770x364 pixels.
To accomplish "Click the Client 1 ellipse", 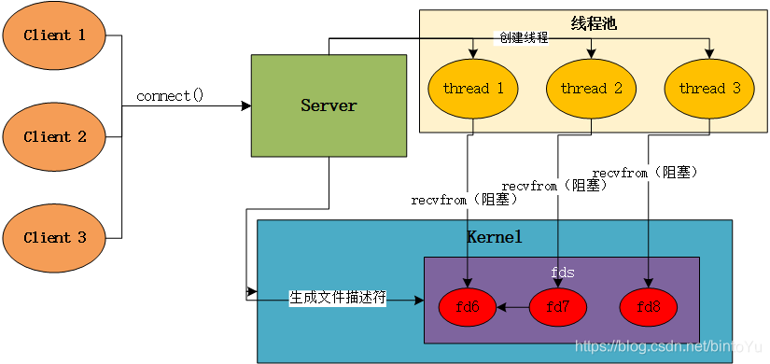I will (x=54, y=35).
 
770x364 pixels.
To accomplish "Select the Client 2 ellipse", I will (x=54, y=137).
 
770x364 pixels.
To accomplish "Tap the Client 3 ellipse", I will (x=54, y=238).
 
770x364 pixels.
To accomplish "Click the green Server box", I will (x=329, y=105).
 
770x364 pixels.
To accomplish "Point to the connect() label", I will (x=169, y=96).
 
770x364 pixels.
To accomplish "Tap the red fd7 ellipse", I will (x=558, y=306).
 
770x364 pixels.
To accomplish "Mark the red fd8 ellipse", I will (x=648, y=306).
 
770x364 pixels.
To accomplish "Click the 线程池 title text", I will (x=593, y=22).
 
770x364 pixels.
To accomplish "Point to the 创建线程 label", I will (x=522, y=38).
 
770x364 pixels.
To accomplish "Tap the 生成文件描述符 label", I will (x=337, y=298).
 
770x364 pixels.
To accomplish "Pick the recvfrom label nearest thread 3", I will (x=644, y=172).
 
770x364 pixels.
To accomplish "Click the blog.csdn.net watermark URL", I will (x=667, y=346).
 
